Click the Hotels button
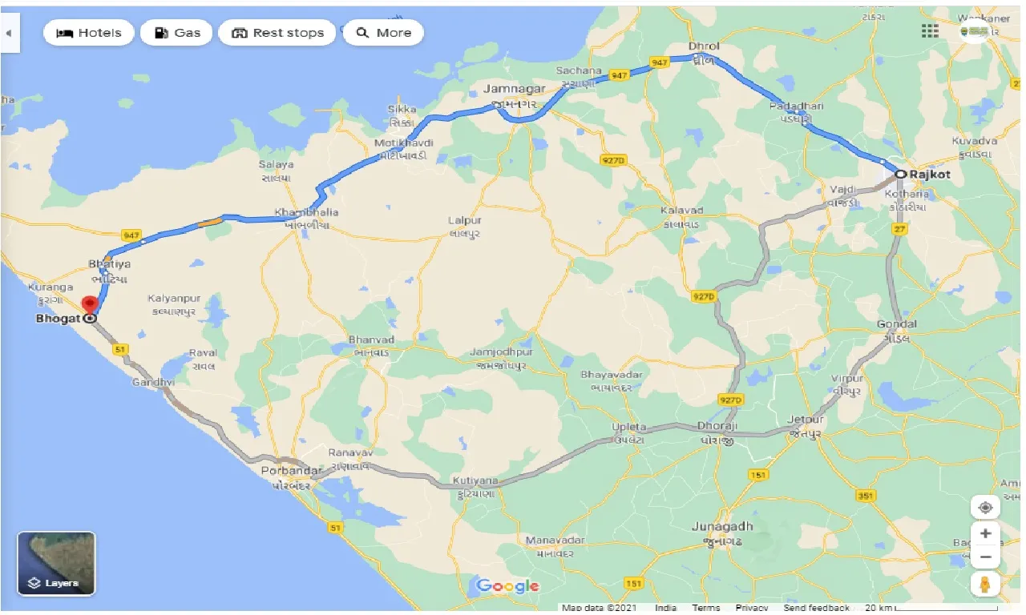coord(88,33)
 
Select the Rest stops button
coord(277,33)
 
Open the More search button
coord(383,33)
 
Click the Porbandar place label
coord(291,471)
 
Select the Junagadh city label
coord(722,526)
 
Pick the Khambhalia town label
coord(306,213)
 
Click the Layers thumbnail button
coord(56,564)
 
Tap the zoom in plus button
coord(985,533)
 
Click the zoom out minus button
coord(985,557)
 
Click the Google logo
coord(507,586)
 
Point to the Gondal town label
coord(897,324)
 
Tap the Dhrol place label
coord(704,46)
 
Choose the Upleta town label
coord(629,428)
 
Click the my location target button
coord(985,507)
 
